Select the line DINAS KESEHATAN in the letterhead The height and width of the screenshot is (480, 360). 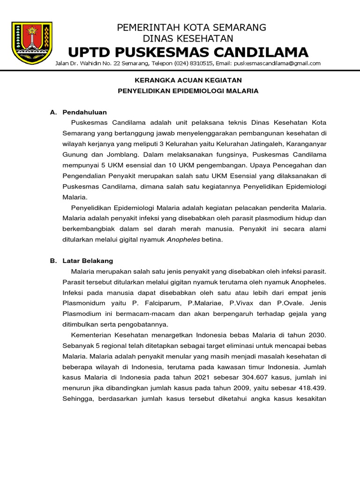(x=191, y=38)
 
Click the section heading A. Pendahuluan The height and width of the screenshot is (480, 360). (x=79, y=112)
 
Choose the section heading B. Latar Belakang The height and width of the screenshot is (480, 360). (x=82, y=261)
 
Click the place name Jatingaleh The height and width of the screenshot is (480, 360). (x=253, y=143)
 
